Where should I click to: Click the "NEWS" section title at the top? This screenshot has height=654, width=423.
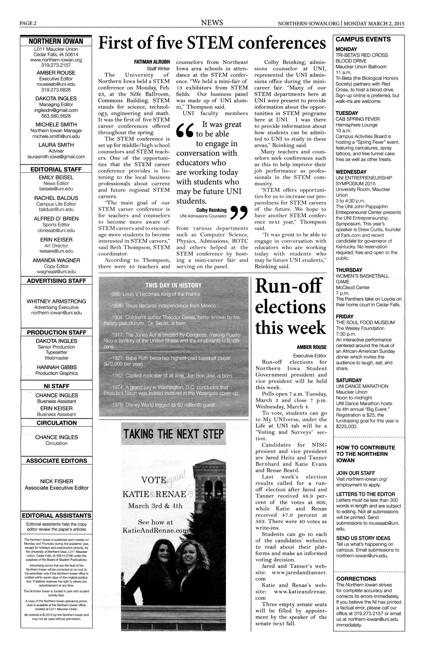[x=212, y=23]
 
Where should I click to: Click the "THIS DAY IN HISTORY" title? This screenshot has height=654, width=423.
[x=173, y=285]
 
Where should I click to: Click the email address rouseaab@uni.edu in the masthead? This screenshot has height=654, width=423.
[x=56, y=85]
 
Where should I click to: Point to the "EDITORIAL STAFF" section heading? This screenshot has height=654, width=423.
[x=56, y=169]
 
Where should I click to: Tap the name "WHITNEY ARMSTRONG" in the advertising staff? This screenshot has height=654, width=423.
[x=56, y=301]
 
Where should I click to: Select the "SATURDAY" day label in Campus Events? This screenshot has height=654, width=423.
[x=349, y=380]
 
